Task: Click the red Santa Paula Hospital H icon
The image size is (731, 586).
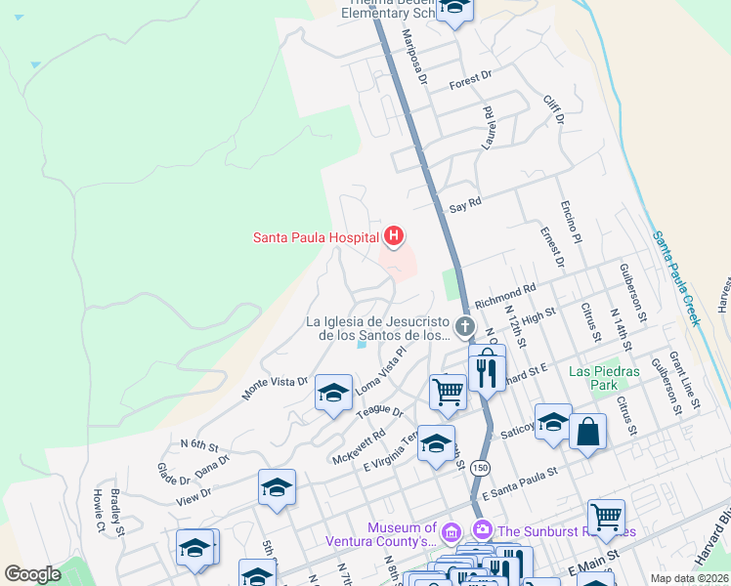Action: pos(393,235)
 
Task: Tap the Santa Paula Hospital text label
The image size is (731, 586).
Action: pos(316,236)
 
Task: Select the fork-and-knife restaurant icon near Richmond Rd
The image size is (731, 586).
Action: pos(486,371)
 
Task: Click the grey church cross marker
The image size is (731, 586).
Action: pos(465,326)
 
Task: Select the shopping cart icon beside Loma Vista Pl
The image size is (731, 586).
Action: pos(448,392)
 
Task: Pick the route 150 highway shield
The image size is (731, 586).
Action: pos(479,469)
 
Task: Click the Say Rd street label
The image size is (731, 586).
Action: pos(465,206)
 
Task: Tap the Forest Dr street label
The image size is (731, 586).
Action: pos(470,83)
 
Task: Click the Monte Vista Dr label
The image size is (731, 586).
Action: pos(275,388)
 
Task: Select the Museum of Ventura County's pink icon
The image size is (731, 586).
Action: pos(451,532)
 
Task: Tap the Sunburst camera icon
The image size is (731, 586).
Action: pos(483,528)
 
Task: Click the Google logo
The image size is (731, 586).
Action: pos(32,574)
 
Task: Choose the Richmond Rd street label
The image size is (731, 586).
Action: pos(506,291)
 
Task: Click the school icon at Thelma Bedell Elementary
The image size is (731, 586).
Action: pos(454,8)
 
